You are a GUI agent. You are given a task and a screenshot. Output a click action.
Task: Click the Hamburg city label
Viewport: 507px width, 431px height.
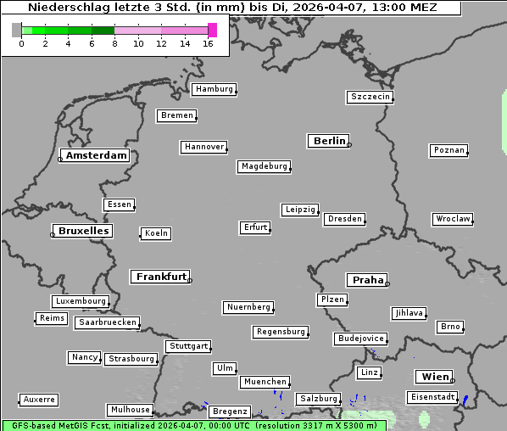pyautogui.click(x=214, y=89)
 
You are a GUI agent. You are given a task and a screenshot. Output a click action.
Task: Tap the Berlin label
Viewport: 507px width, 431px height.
pyautogui.click(x=329, y=141)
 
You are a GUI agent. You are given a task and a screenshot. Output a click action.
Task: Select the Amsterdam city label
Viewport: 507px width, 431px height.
pyautogui.click(x=96, y=155)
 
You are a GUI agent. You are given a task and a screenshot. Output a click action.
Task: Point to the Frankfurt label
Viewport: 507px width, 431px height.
pyautogui.click(x=161, y=277)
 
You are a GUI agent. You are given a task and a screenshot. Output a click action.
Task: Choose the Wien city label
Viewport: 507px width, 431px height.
pyautogui.click(x=434, y=377)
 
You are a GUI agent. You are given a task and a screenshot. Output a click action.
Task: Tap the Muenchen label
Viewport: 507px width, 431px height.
pyautogui.click(x=265, y=383)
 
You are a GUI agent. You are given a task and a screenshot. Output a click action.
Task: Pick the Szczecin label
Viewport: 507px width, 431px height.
pyautogui.click(x=370, y=97)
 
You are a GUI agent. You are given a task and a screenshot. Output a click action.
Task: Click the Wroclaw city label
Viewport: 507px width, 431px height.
pyautogui.click(x=453, y=219)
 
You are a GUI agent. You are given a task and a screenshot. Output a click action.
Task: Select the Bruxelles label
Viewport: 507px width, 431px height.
pyautogui.click(x=83, y=231)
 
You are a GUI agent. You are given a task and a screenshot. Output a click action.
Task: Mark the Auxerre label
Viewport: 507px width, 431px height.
pyautogui.click(x=39, y=399)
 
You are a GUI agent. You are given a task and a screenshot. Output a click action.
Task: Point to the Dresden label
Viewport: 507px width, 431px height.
pyautogui.click(x=345, y=219)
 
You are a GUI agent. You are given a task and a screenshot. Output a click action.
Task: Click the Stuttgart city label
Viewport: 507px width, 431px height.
pyautogui.click(x=188, y=346)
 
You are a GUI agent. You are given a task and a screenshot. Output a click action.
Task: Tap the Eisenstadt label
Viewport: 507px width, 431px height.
pyautogui.click(x=432, y=397)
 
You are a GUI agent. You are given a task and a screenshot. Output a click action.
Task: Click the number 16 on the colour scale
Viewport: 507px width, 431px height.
pyautogui.click(x=209, y=43)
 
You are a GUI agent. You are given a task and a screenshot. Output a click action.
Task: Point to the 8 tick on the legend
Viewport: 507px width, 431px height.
pyautogui.click(x=114, y=43)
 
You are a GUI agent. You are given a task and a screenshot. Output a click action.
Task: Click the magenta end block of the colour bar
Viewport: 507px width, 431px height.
pyautogui.click(x=212, y=30)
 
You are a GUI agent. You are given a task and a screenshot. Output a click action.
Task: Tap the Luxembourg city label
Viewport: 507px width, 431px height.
pyautogui.click(x=81, y=301)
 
